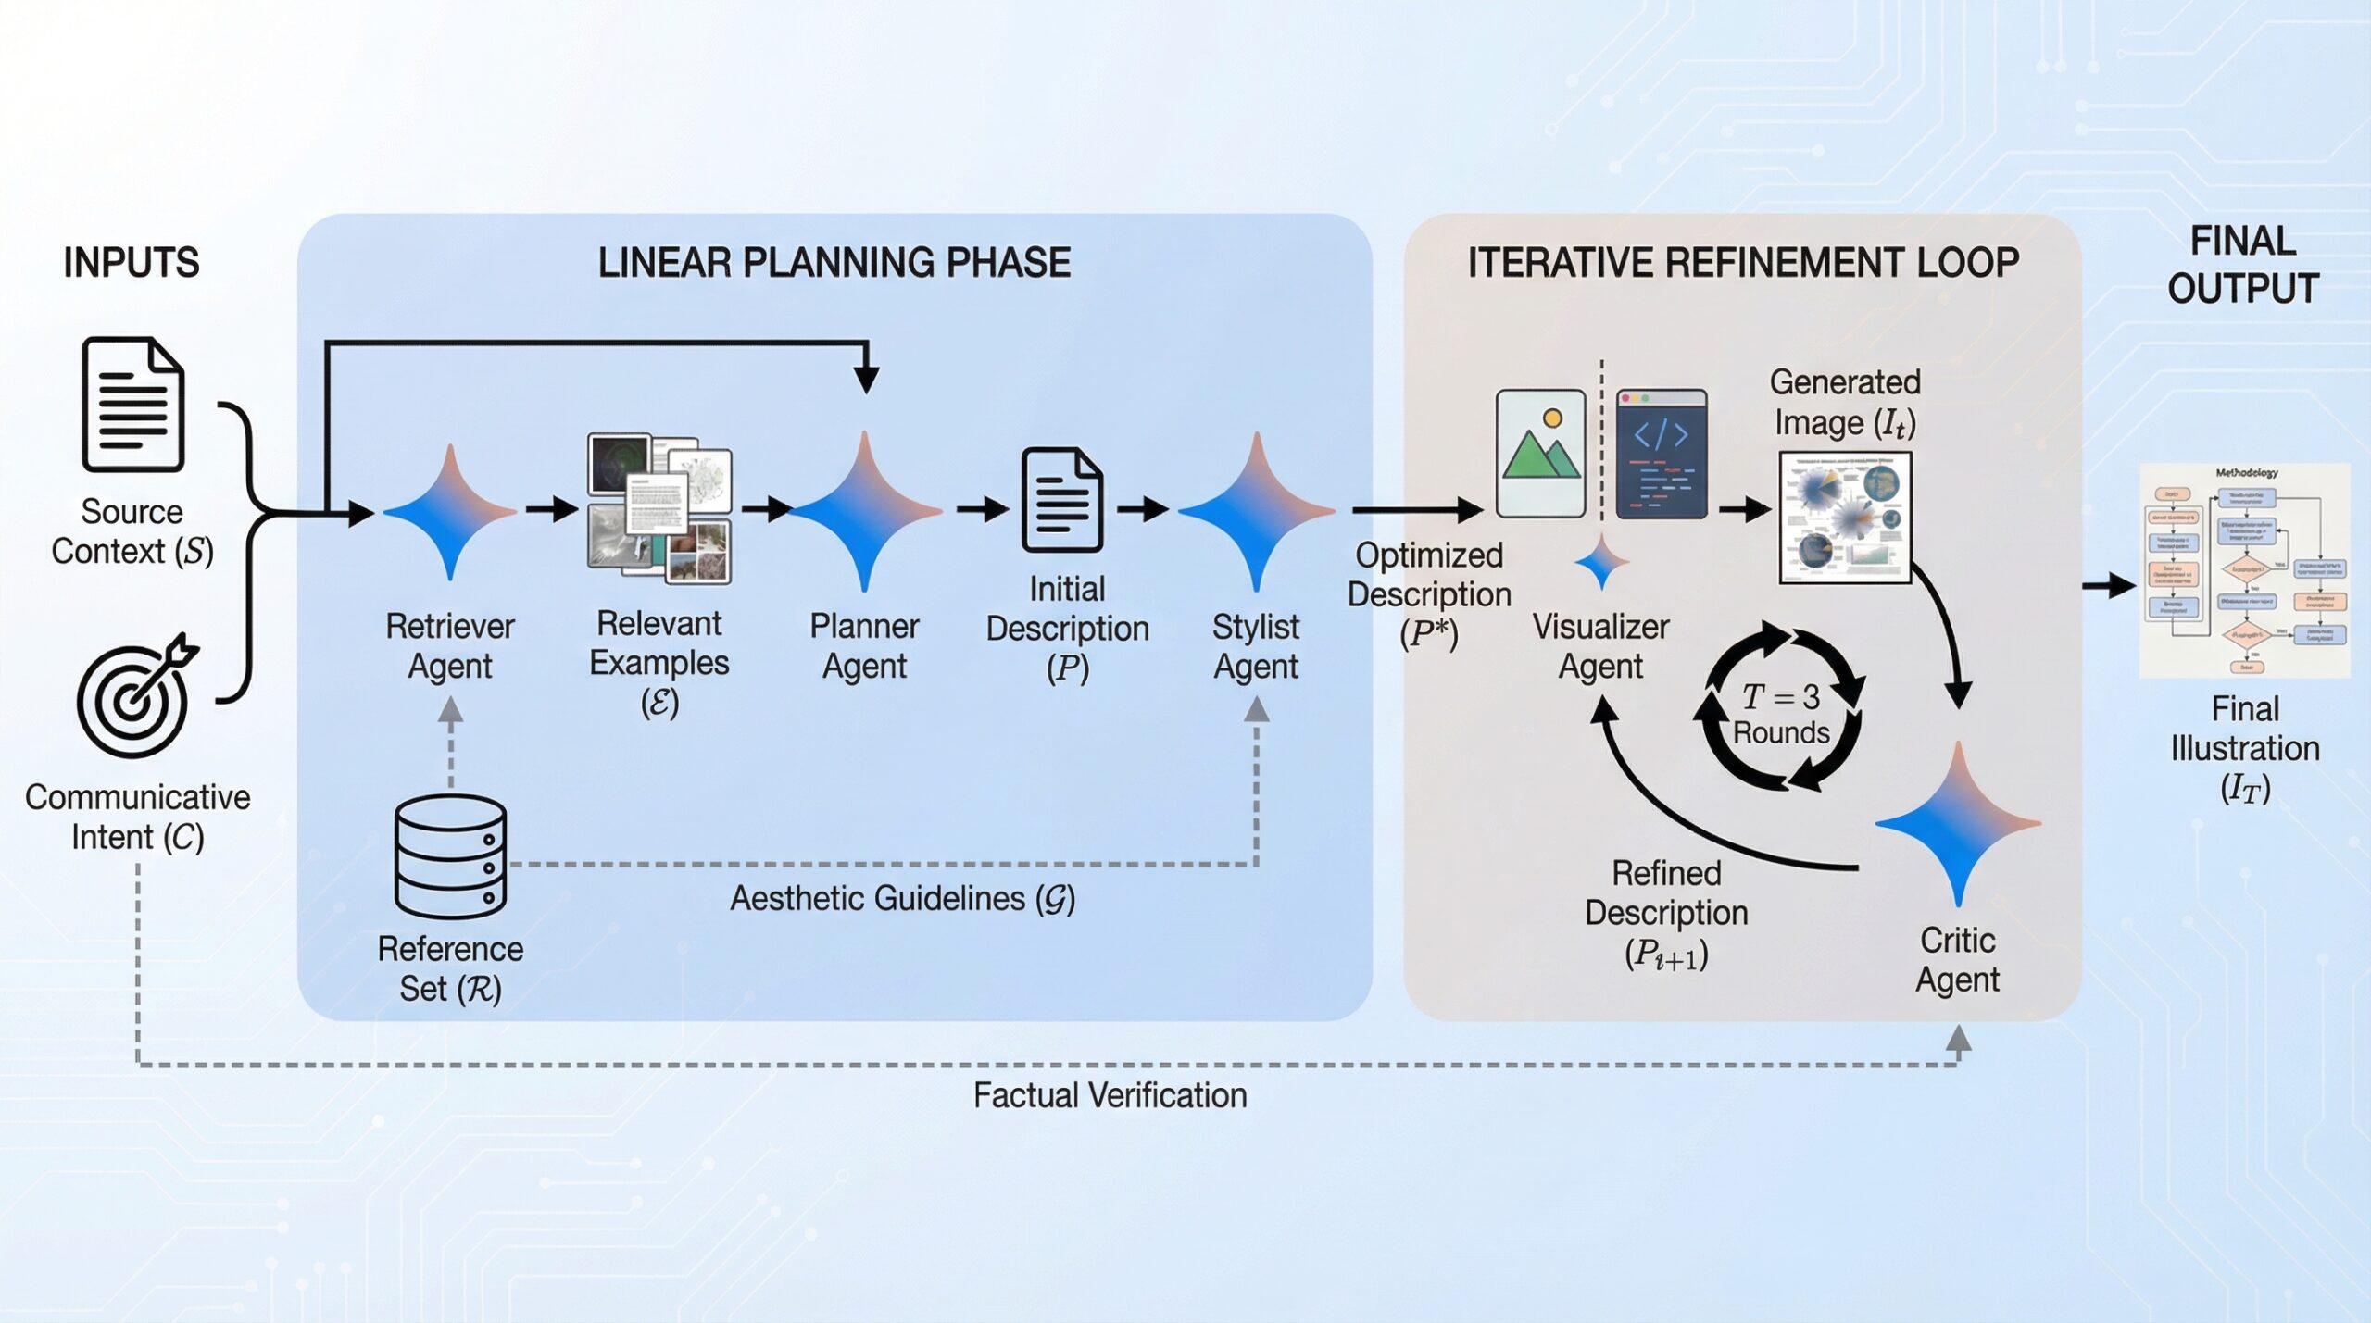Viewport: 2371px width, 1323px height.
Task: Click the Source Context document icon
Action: click(132, 405)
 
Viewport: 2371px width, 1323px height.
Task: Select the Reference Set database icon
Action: click(450, 856)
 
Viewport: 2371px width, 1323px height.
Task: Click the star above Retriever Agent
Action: click(450, 511)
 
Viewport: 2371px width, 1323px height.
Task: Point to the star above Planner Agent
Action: click(865, 511)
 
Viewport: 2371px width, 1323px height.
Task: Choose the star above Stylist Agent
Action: click(1256, 511)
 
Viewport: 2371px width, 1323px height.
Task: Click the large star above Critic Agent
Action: click(1958, 823)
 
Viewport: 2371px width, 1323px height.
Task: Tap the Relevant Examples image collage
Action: click(659, 508)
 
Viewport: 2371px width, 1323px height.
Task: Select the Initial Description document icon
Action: click(1062, 501)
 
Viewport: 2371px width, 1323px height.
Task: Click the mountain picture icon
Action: click(1541, 453)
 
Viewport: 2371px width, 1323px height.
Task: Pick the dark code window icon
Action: click(1661, 453)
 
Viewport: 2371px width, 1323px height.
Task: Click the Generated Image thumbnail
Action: click(1845, 518)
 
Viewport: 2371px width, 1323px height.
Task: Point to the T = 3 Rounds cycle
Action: click(1781, 710)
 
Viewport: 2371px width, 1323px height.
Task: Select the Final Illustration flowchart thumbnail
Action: click(2244, 570)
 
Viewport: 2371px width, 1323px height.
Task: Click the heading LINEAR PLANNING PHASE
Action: click(834, 263)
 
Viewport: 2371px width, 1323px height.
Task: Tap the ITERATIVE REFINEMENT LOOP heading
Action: click(1743, 263)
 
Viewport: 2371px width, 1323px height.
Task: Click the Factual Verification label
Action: click(1110, 1096)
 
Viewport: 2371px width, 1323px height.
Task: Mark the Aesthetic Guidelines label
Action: click(902, 899)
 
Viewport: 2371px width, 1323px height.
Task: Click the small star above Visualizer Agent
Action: click(1601, 562)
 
